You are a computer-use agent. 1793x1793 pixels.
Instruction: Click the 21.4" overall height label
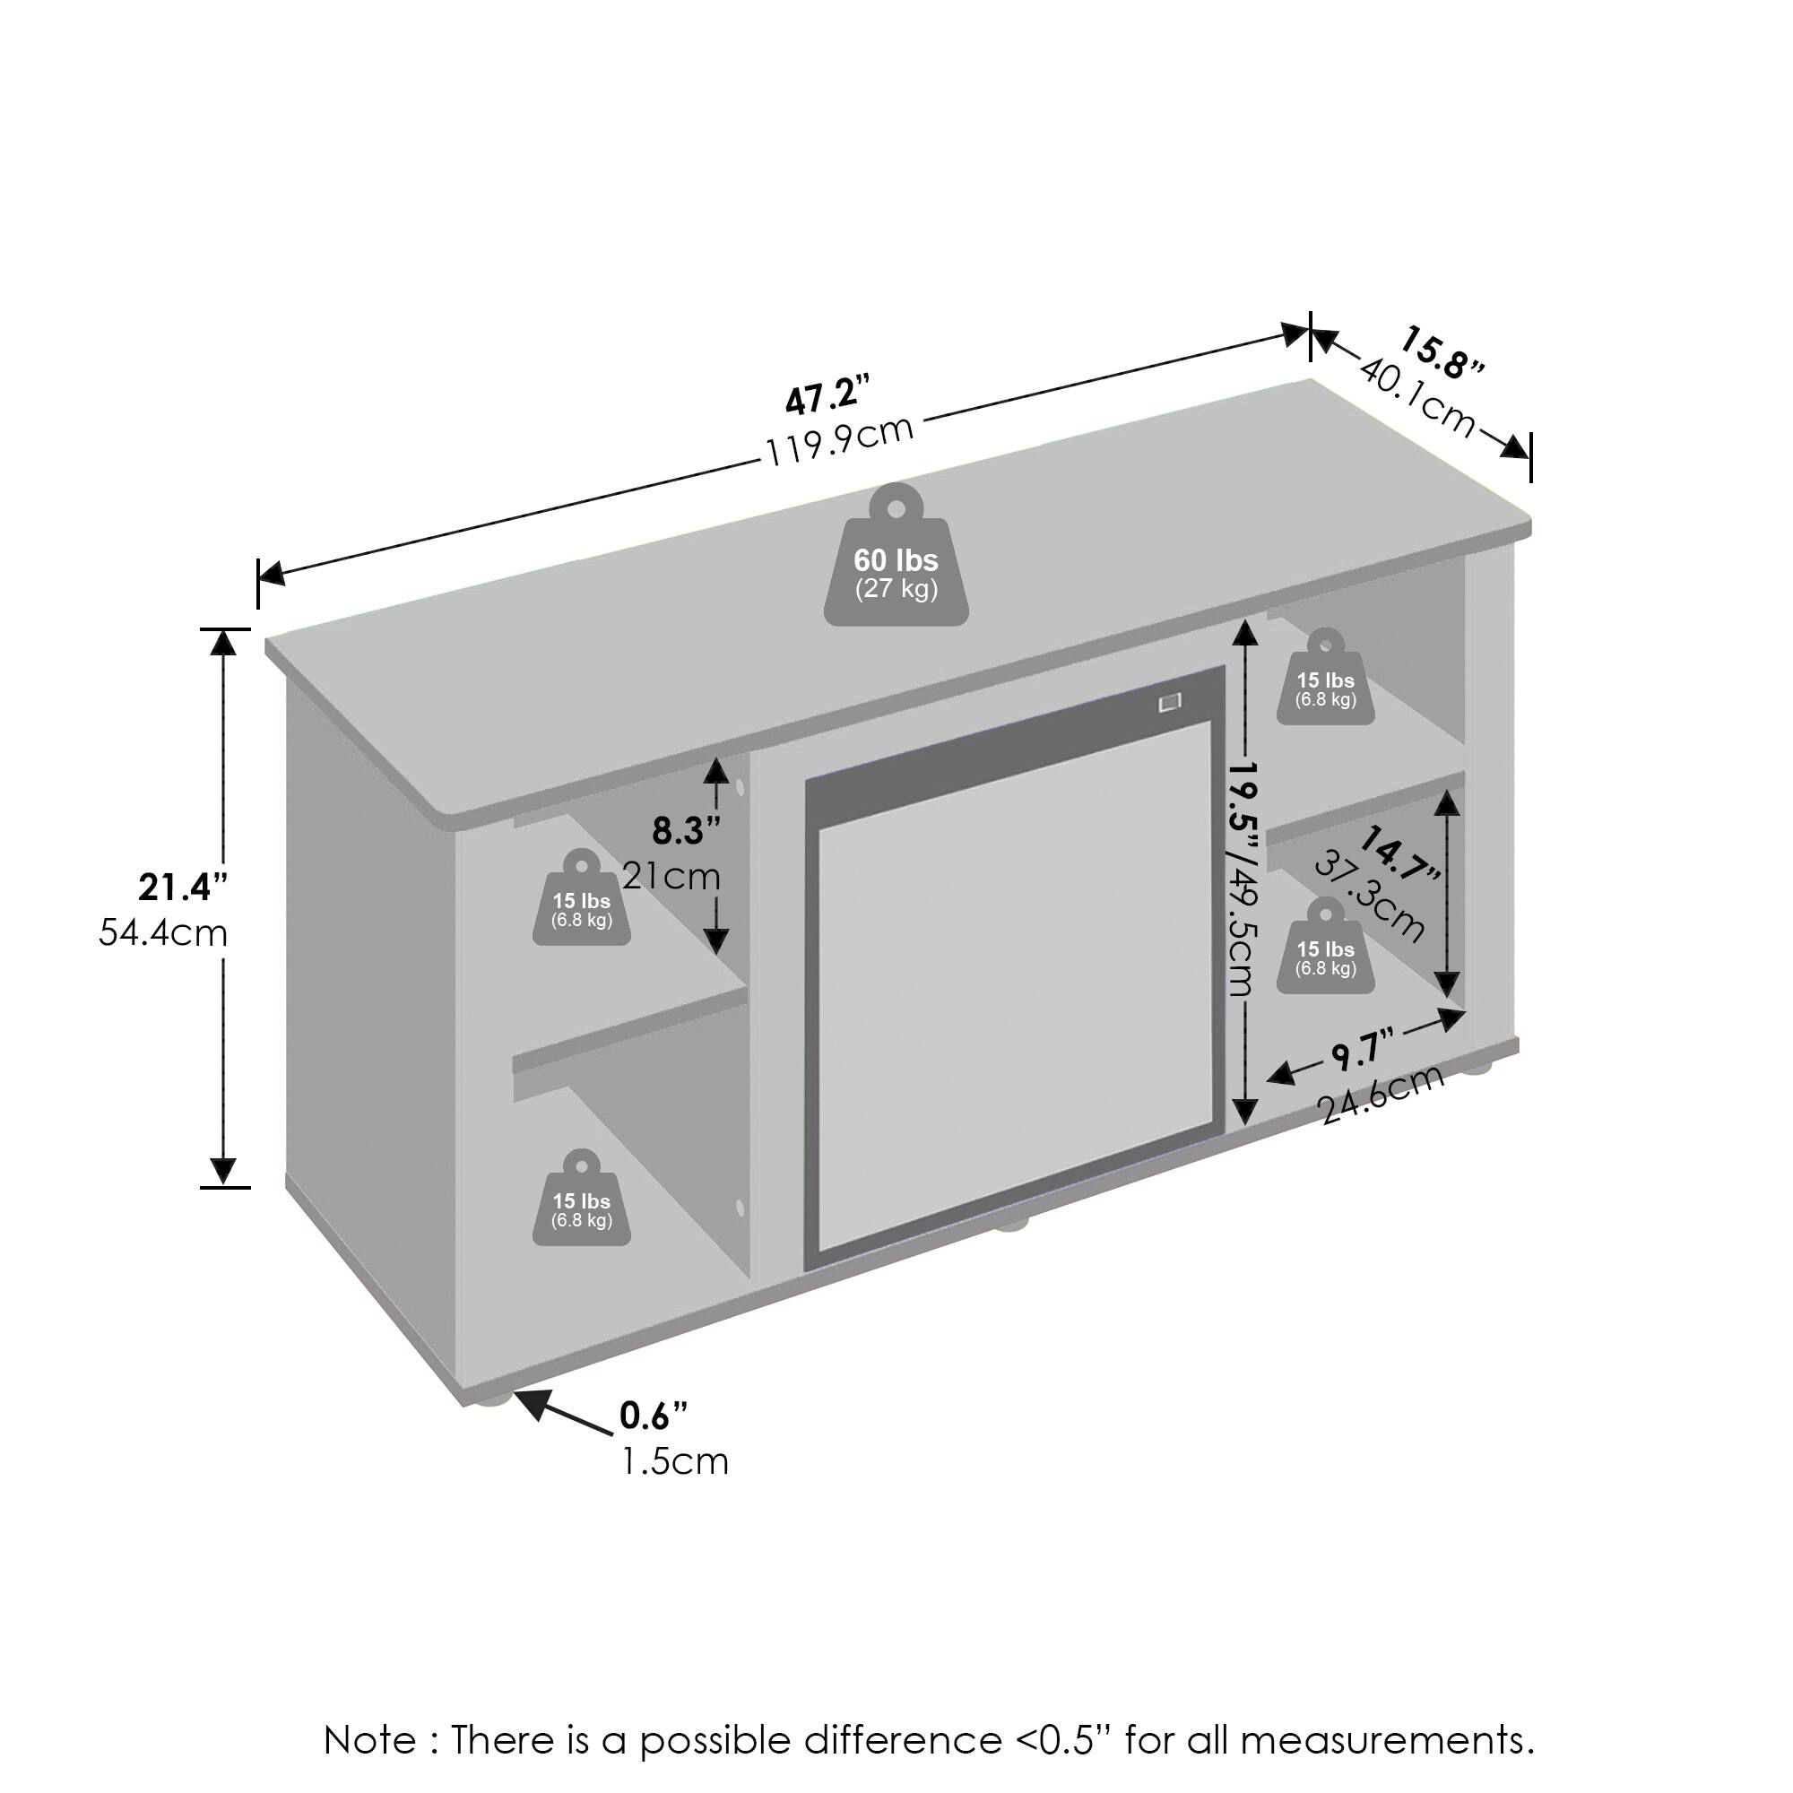click(183, 888)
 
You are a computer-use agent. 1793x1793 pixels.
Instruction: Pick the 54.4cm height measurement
click(163, 932)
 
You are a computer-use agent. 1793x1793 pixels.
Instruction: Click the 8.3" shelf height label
click(686, 831)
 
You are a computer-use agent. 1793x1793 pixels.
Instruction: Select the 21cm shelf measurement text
click(671, 875)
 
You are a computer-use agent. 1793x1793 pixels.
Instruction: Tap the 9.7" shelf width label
click(1364, 1052)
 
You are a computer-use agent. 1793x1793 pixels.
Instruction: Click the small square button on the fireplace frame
click(1170, 703)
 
